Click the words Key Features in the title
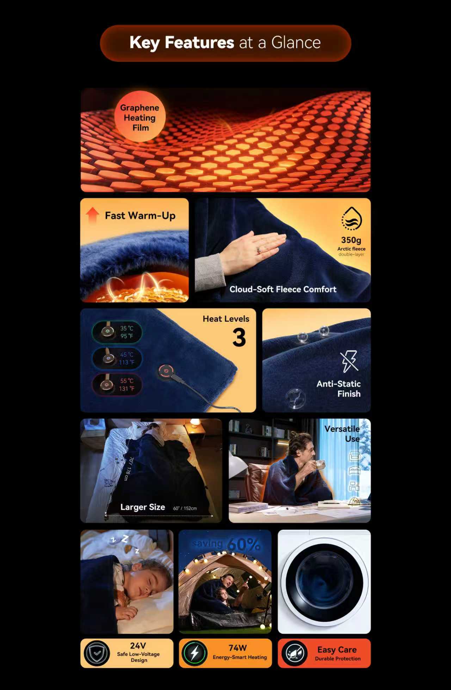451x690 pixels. tap(181, 43)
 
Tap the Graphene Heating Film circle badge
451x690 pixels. tap(140, 117)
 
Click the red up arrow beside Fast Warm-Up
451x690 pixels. tap(92, 215)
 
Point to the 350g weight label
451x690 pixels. tap(351, 240)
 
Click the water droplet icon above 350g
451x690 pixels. tap(351, 219)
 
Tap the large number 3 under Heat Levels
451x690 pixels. tap(239, 337)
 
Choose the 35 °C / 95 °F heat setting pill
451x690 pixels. tap(117, 332)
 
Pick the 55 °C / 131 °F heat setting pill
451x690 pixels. tap(117, 384)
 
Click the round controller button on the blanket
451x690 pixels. tap(166, 371)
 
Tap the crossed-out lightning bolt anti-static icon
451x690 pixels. tap(349, 361)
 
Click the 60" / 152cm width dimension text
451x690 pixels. tap(185, 508)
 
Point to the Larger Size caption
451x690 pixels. tap(143, 507)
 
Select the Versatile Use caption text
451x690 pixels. tap(342, 434)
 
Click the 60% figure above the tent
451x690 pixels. tap(244, 544)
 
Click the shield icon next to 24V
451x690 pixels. tap(97, 653)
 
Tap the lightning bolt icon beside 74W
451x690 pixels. tap(194, 653)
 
